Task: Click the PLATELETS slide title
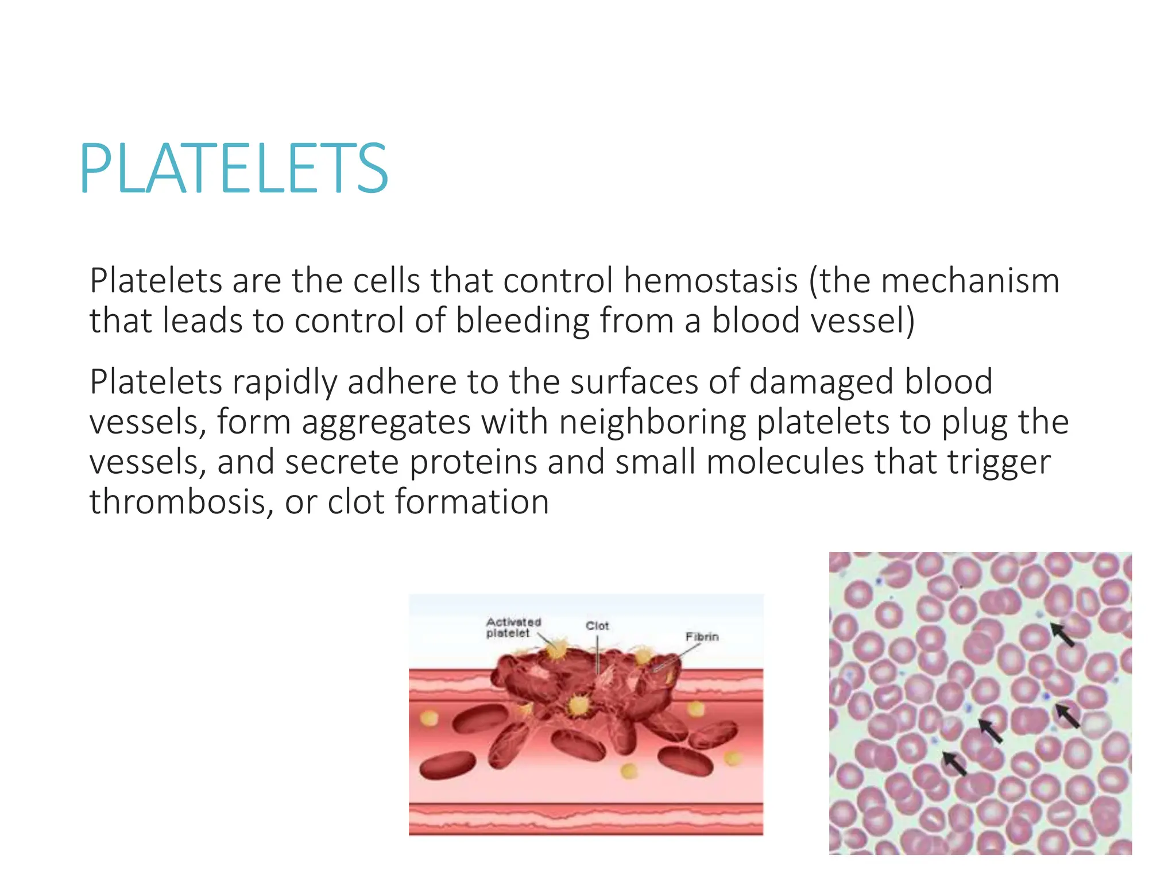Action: pyautogui.click(x=234, y=169)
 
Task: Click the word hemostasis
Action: pyautogui.click(x=710, y=281)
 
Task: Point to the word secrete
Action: pyautogui.click(x=342, y=462)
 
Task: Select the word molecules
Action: pyautogui.click(x=784, y=462)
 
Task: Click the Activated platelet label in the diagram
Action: pyautogui.click(x=513, y=628)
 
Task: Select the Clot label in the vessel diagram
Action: pyautogui.click(x=597, y=626)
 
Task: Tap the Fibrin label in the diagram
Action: pyautogui.click(x=702, y=637)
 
